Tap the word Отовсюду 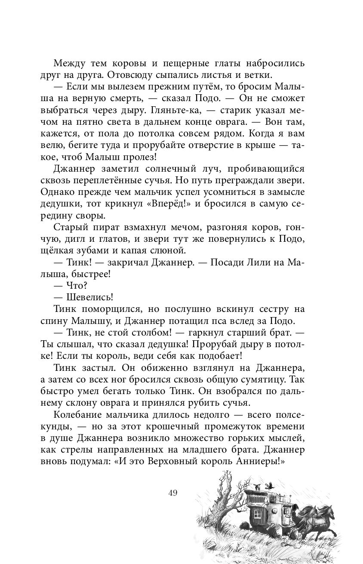click(x=129, y=75)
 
